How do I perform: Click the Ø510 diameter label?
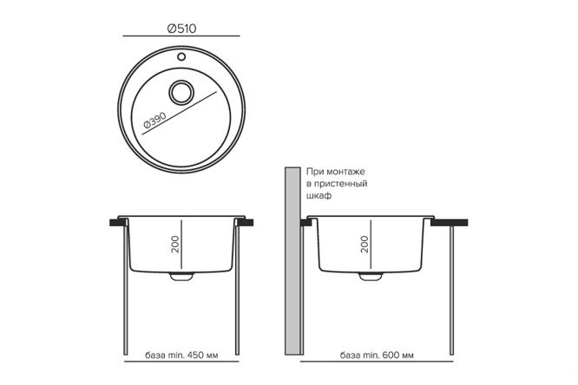click(181, 29)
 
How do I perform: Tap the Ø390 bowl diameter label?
click(154, 120)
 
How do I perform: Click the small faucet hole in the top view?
click(181, 56)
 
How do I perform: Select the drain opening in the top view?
click(181, 93)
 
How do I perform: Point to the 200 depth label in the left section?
click(175, 245)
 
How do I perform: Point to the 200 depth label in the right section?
click(365, 245)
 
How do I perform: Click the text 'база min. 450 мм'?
click(181, 356)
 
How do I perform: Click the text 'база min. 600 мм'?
click(377, 356)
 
